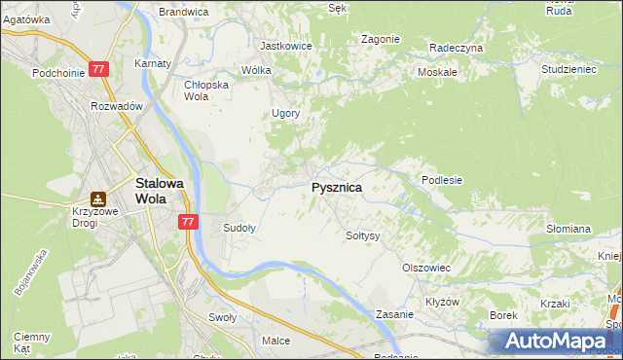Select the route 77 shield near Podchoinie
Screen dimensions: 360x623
[98, 69]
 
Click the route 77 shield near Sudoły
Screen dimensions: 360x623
[189, 222]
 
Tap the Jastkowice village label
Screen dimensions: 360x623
[284, 46]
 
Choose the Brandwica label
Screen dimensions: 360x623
[184, 12]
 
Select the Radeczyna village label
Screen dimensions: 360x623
[456, 47]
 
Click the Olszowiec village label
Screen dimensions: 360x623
[425, 267]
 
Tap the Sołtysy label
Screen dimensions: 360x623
[362, 235]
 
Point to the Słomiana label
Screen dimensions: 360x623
[568, 229]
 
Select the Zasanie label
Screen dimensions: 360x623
[395, 315]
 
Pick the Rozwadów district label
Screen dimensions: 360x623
[117, 106]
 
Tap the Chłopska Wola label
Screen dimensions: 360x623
[206, 90]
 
